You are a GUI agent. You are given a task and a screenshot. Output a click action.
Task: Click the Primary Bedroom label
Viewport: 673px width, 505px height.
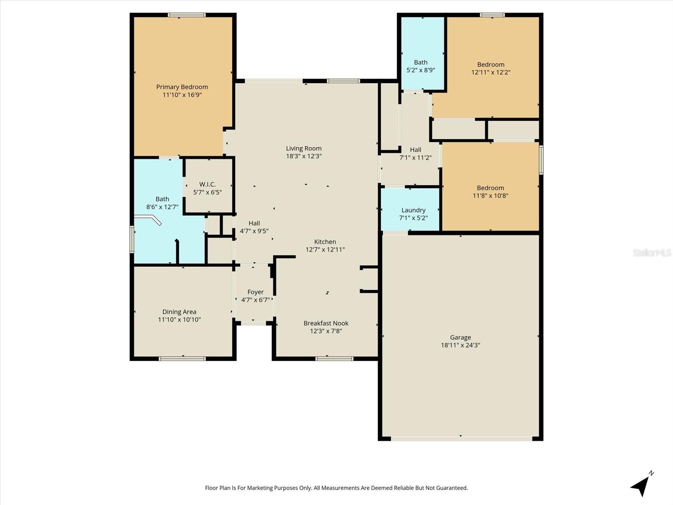(182, 87)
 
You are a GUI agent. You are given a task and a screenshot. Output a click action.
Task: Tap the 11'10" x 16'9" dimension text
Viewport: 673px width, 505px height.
(182, 95)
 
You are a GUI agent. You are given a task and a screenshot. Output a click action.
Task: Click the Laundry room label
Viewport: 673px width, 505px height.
(413, 210)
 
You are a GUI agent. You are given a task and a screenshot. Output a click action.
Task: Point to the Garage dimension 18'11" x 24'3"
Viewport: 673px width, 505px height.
(460, 346)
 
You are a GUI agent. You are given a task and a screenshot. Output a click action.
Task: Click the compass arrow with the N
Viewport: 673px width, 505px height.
(641, 485)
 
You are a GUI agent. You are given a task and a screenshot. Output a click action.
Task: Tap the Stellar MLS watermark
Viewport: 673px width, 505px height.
(652, 252)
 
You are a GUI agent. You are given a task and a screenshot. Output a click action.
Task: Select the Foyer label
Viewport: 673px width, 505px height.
(255, 292)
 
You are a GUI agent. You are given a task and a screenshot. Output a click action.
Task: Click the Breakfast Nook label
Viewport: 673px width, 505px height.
(326, 323)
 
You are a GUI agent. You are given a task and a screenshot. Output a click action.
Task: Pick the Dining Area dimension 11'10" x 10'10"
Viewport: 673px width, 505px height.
(179, 320)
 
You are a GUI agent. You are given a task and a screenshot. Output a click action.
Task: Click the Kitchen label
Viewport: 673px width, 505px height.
(325, 242)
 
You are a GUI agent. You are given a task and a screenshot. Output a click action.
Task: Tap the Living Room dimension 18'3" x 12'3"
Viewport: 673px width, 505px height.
(304, 156)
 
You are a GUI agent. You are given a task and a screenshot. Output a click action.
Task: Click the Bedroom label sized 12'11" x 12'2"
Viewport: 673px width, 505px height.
(490, 64)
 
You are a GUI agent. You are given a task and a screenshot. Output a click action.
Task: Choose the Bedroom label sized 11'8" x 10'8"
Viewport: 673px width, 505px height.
(490, 188)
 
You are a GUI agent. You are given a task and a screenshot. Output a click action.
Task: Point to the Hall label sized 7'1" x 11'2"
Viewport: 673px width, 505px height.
(415, 149)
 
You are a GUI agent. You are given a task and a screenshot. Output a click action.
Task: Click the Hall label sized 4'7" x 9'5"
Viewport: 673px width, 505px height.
(254, 223)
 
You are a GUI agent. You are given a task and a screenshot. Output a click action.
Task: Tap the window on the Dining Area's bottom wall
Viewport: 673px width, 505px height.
(182, 359)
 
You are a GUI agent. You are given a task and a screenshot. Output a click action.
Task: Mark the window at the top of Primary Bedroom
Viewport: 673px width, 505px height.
(187, 15)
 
